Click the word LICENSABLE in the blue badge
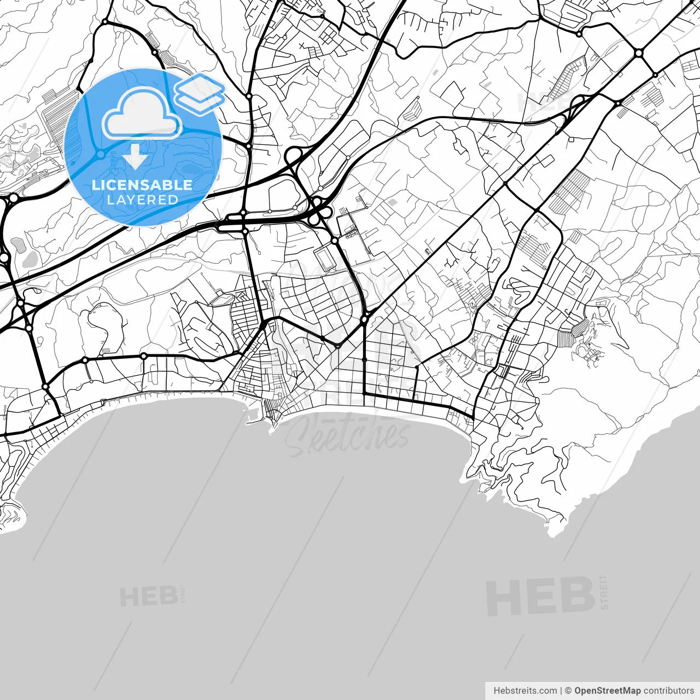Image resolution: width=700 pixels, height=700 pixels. [142, 185]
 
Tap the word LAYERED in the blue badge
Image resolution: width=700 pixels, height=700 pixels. [142, 200]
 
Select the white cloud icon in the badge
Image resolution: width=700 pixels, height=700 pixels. [142, 114]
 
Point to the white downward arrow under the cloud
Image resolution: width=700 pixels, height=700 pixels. [135, 157]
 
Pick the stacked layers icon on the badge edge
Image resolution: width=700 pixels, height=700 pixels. [200, 94]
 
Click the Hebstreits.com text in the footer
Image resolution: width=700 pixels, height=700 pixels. [525, 691]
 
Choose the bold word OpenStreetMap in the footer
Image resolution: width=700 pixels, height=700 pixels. [607, 691]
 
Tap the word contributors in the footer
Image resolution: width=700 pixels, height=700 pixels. [668, 691]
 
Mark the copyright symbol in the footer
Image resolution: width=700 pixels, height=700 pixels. [568, 691]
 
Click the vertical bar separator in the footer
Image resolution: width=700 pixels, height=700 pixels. [561, 691]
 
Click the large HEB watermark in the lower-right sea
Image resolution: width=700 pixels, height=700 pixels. [540, 596]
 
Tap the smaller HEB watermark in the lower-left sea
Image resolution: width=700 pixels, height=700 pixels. [148, 597]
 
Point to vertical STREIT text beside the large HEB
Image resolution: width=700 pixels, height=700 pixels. [604, 592]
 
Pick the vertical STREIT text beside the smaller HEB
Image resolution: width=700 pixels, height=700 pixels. [183, 594]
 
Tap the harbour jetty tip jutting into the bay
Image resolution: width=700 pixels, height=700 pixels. [271, 432]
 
